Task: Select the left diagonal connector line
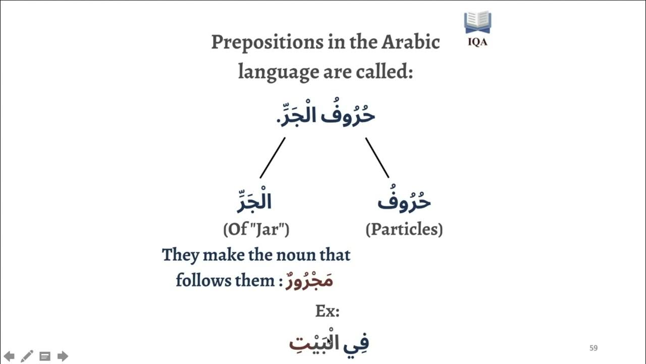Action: click(273, 158)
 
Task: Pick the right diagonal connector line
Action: click(378, 158)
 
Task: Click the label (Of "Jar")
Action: click(256, 230)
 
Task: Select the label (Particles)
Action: click(404, 230)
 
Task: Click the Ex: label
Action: click(327, 311)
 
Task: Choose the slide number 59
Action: click(594, 348)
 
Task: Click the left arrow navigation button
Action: click(9, 356)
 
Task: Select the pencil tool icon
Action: click(27, 356)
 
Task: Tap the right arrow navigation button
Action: click(63, 356)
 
